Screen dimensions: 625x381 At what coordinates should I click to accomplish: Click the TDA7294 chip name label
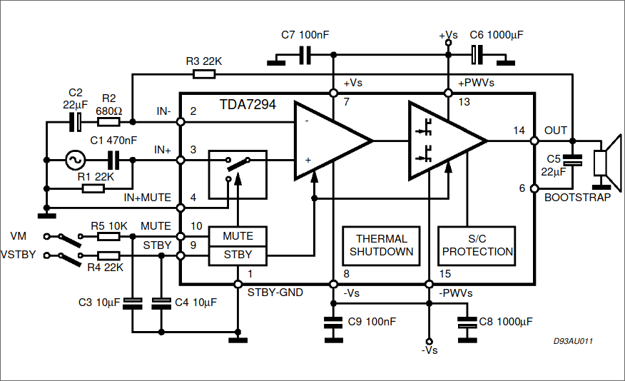(x=248, y=104)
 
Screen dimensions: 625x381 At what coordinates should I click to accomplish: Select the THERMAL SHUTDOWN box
(x=381, y=246)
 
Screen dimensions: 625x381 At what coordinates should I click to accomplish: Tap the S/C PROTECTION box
(x=477, y=246)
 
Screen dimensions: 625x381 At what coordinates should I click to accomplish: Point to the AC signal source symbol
(x=75, y=161)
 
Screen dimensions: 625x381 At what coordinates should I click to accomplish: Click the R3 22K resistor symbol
(x=204, y=74)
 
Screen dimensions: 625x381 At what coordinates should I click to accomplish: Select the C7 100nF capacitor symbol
(x=305, y=55)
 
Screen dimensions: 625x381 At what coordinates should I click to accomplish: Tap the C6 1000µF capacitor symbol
(x=477, y=55)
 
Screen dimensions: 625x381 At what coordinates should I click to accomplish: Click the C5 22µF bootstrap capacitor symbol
(x=572, y=161)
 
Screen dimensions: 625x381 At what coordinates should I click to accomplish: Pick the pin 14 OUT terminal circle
(x=534, y=141)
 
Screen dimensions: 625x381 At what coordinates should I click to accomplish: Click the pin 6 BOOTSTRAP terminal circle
(x=534, y=188)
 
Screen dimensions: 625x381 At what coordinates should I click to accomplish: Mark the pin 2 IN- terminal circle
(x=181, y=122)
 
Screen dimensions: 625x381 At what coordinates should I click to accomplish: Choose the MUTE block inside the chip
(x=238, y=236)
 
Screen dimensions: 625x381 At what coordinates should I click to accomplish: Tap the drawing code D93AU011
(x=573, y=341)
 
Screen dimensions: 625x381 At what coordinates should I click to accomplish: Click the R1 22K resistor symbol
(x=93, y=188)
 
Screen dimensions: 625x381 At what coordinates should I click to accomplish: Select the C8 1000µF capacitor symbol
(x=467, y=322)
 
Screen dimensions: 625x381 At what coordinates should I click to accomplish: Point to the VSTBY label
(x=19, y=255)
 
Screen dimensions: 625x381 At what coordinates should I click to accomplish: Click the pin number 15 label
(x=444, y=274)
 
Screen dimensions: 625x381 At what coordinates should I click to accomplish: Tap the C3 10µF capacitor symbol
(x=132, y=304)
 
